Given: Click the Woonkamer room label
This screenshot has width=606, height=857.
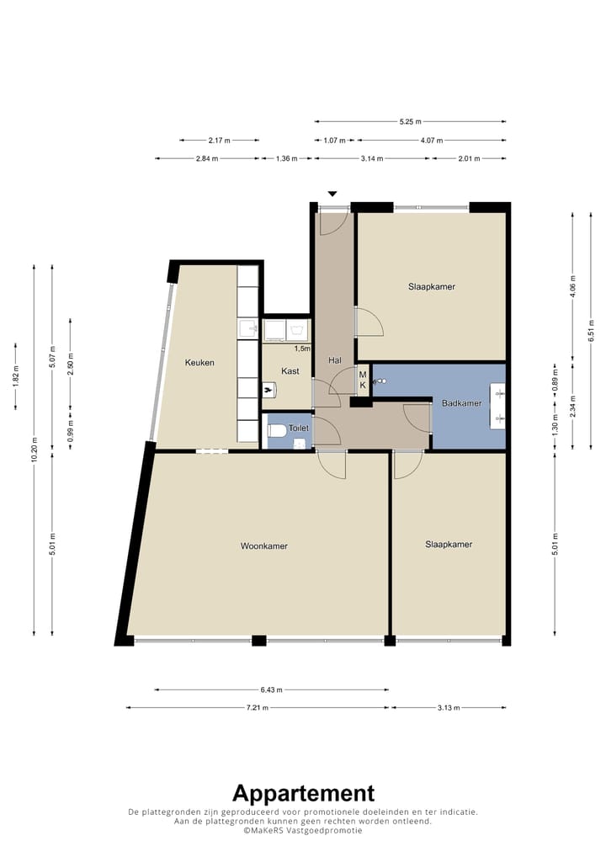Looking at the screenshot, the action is click(264, 546).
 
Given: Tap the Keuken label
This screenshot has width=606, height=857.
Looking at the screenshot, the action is click(199, 362).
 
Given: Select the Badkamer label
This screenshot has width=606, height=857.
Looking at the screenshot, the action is click(462, 402).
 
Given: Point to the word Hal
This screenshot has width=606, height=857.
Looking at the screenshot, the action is click(335, 360).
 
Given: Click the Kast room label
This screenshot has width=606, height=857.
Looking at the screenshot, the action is click(290, 371).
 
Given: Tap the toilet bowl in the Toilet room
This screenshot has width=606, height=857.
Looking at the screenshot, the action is click(277, 431).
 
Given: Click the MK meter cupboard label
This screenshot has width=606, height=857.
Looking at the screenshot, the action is click(363, 380).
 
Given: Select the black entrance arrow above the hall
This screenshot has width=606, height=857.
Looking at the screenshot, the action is click(332, 194).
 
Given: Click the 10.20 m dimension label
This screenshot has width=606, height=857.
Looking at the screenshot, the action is click(34, 450).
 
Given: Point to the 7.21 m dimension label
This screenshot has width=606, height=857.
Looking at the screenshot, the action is click(258, 708).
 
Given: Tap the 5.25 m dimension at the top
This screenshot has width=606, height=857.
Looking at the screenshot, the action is click(411, 121).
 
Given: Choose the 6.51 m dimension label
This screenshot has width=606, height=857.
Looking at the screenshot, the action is click(591, 331).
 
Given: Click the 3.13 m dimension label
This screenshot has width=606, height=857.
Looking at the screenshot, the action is click(449, 708).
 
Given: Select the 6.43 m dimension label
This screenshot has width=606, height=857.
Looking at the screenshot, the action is click(272, 689).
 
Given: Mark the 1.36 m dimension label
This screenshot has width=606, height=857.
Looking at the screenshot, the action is click(287, 158).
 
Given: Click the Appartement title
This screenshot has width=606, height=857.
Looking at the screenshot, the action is click(303, 793).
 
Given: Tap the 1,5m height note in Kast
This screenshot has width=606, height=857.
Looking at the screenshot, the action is click(302, 349).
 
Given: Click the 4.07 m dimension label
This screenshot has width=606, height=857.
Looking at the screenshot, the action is click(432, 141).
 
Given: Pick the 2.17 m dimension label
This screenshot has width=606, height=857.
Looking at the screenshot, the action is click(219, 141).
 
